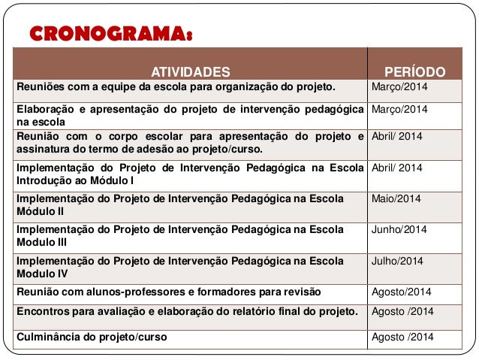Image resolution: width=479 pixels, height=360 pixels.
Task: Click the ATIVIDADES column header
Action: tap(191, 72)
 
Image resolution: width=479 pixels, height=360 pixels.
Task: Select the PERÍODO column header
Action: tap(414, 72)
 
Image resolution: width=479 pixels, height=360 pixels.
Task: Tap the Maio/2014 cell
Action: tap(396, 198)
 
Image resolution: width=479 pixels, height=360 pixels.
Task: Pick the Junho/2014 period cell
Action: tap(399, 230)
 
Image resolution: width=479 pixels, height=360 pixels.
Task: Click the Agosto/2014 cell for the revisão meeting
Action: tap(402, 292)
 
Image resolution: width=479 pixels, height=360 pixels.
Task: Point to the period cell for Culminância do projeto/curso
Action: tap(403, 337)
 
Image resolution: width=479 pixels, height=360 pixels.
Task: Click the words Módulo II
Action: tap(38, 211)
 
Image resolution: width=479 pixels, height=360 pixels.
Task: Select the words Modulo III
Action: tap(39, 243)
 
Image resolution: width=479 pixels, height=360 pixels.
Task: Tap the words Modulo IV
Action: tap(39, 274)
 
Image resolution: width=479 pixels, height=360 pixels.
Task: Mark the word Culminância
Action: tap(47, 337)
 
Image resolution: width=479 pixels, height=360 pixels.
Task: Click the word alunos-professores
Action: tap(122, 292)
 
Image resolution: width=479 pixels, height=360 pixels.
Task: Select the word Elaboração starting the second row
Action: tap(44, 110)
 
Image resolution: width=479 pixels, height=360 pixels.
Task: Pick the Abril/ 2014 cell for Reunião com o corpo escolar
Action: tap(397, 137)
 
